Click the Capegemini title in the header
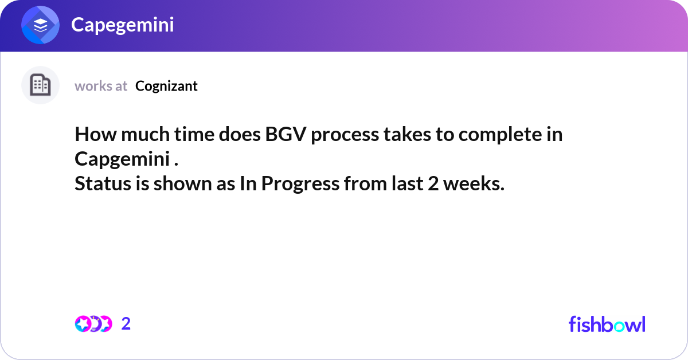122,25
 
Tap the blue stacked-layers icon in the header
41,26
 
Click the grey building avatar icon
40,85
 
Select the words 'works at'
101,86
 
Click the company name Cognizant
166,86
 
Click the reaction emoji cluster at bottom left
93,324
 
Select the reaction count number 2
126,324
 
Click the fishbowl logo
607,324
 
